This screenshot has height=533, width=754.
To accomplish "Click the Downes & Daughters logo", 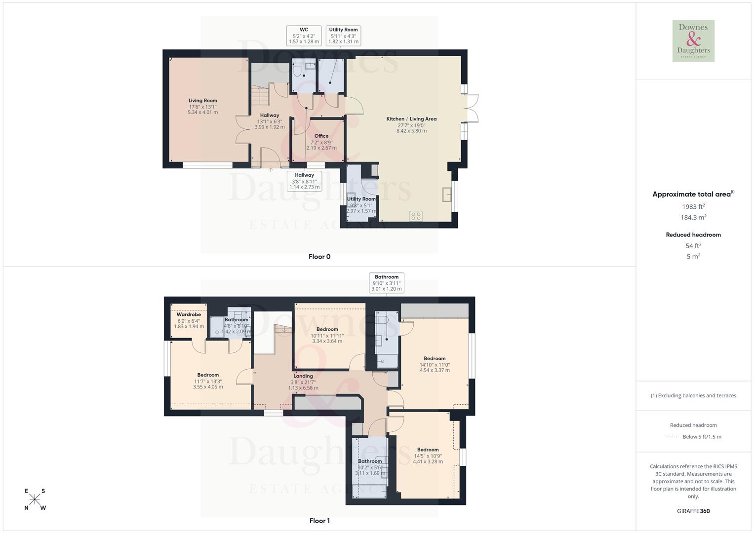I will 693,41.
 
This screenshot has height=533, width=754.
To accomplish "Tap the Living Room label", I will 202,101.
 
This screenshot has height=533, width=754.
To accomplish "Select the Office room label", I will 321,136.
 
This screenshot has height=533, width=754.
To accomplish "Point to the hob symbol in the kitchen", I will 416,216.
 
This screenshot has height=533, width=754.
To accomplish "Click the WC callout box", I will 304,36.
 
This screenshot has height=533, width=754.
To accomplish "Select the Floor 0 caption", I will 319,257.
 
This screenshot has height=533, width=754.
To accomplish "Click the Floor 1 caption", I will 319,521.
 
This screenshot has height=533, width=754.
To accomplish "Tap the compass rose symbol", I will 35,499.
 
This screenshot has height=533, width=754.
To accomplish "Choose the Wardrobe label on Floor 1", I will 189,315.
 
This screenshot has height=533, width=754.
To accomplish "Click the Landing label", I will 303,376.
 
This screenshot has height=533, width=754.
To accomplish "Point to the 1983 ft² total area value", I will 693,207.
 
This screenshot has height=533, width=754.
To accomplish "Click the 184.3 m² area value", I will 693,217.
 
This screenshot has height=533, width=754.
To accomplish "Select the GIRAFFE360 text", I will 693,511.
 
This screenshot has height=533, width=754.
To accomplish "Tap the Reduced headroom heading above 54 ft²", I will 693,235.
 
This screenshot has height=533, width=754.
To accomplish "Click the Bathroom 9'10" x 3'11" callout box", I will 386,283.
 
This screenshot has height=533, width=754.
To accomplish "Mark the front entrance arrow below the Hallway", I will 271,170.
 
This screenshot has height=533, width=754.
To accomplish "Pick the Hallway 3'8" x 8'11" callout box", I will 304,181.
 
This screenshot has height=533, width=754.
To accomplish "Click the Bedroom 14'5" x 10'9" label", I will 428,450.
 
